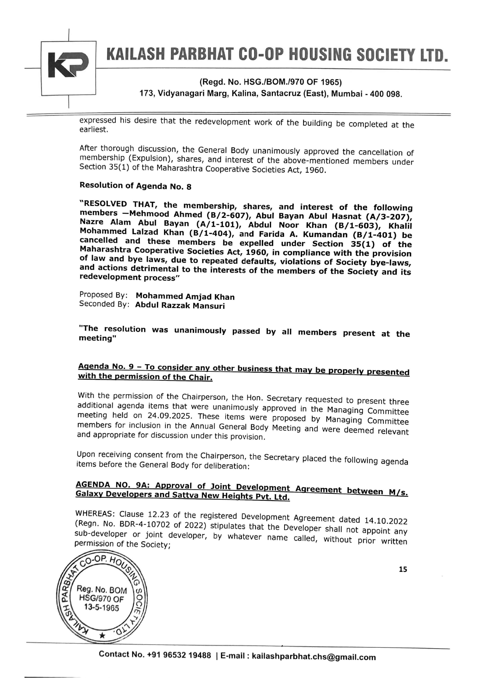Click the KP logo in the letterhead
(68, 65)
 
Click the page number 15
(403, 569)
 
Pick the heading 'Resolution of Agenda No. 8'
(135, 186)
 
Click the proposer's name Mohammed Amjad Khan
(185, 297)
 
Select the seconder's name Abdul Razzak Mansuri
(180, 306)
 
